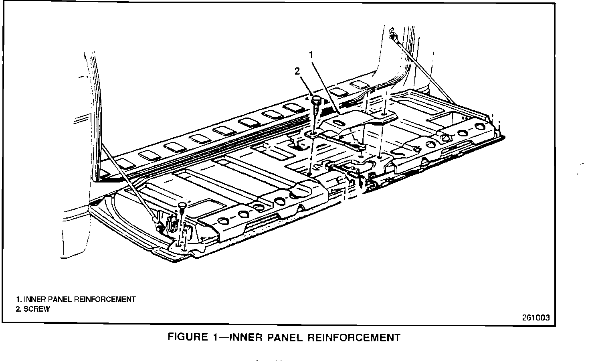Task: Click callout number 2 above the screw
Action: click(297, 71)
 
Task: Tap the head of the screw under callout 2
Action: click(316, 98)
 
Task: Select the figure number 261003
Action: click(535, 318)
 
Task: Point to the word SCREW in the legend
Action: click(36, 309)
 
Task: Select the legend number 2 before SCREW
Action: click(18, 309)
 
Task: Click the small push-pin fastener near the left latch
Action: click(183, 206)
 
